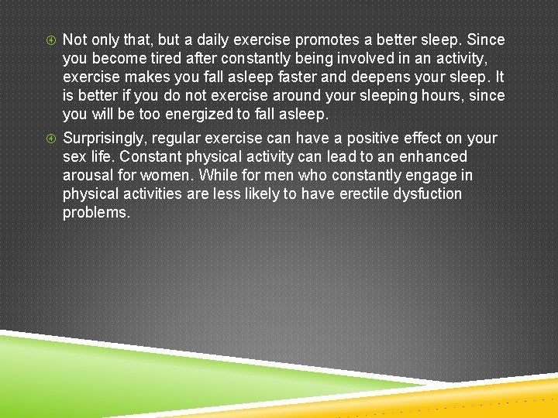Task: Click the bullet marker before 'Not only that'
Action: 49,39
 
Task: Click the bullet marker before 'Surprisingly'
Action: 49,139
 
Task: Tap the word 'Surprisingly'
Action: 109,139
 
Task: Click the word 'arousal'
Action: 88,176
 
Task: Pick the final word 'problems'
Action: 96,213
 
